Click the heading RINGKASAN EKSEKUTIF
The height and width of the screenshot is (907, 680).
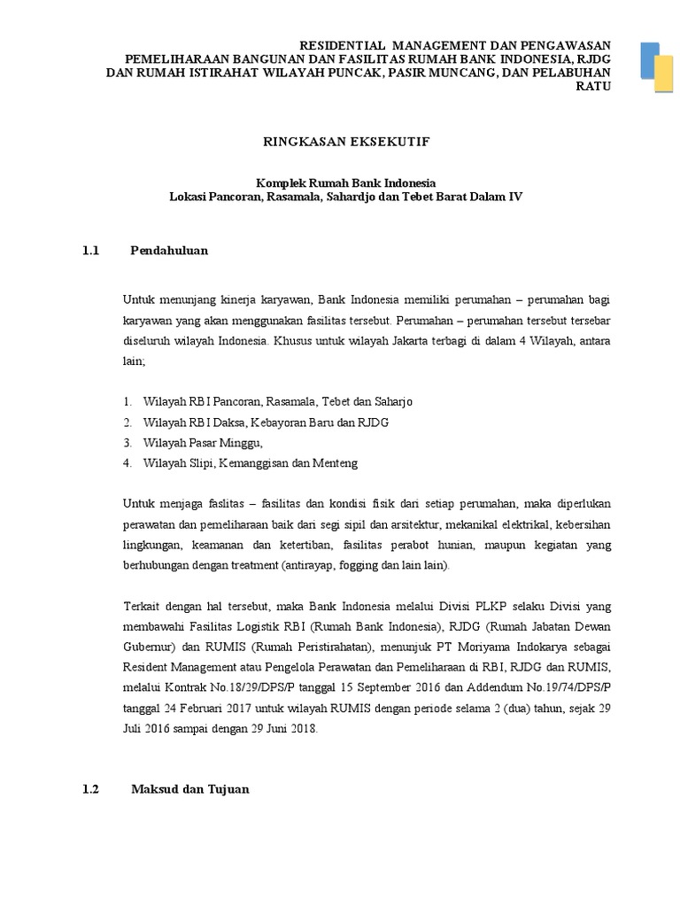[x=341, y=140]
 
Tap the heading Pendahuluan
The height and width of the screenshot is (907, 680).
[x=168, y=251]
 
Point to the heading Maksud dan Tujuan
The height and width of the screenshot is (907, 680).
[x=189, y=787]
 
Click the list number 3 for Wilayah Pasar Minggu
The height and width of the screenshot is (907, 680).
[x=127, y=442]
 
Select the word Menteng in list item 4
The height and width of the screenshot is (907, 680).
[x=336, y=462]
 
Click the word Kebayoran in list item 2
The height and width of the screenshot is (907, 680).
[x=263, y=422]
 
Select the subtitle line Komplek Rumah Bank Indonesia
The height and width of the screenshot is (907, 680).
[x=341, y=182]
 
